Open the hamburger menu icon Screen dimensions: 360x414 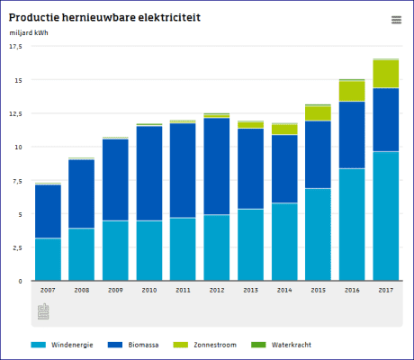tap(396, 20)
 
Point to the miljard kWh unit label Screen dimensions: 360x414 tap(30, 33)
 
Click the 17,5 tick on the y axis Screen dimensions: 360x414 tap(14, 47)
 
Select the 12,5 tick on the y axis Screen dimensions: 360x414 tap(14, 113)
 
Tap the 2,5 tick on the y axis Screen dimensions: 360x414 tap(14, 248)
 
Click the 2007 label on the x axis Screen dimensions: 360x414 tap(48, 291)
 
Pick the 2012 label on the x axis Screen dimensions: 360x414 tap(216, 291)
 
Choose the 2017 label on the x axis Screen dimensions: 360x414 tap(385, 291)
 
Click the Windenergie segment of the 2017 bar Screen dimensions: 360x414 tap(385, 216)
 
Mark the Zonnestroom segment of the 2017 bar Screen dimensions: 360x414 tap(385, 74)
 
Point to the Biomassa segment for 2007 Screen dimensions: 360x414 tap(48, 211)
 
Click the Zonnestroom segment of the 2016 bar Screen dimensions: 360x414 tap(352, 91)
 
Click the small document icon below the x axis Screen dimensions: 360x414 tap(43, 311)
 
